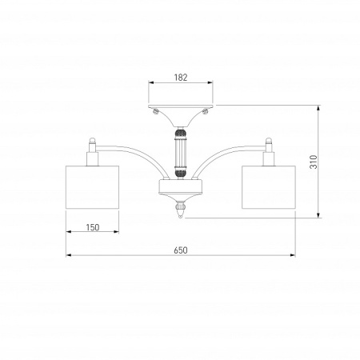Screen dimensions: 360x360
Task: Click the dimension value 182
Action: pyautogui.click(x=181, y=78)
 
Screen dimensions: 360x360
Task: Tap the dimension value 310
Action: pyautogui.click(x=314, y=162)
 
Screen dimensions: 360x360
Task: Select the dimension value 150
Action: pyautogui.click(x=93, y=227)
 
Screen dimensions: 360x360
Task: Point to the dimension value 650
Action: pyautogui.click(x=181, y=250)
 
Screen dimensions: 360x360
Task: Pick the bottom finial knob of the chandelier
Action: pyautogui.click(x=181, y=210)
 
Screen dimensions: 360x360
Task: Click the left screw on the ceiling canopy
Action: pyautogui.click(x=156, y=111)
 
